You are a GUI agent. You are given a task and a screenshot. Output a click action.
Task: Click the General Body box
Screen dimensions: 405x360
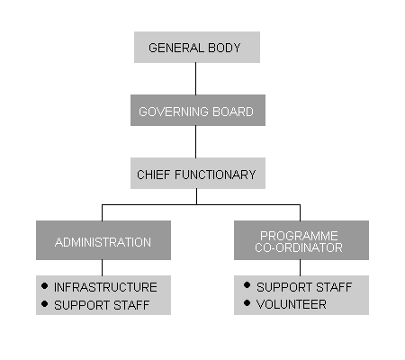click(197, 47)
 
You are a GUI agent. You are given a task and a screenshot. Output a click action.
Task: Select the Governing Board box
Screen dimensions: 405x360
click(198, 110)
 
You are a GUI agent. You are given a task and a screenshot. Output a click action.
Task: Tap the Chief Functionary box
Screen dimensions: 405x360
click(198, 173)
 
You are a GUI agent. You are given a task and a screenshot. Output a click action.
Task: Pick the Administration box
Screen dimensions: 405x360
click(103, 240)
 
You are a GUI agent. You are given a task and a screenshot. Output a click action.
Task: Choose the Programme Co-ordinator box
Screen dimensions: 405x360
click(301, 240)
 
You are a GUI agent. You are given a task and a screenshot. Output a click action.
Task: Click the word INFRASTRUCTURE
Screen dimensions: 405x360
click(105, 287)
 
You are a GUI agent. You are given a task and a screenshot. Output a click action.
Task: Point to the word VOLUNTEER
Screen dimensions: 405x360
click(292, 304)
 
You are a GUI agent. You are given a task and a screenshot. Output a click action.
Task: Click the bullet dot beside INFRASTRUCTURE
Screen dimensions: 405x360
click(44, 286)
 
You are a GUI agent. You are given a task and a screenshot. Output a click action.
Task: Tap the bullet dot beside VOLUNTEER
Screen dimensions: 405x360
click(247, 303)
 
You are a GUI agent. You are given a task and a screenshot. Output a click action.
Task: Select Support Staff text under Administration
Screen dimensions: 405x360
click(102, 305)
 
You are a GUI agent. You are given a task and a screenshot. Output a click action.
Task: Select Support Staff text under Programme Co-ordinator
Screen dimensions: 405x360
click(304, 287)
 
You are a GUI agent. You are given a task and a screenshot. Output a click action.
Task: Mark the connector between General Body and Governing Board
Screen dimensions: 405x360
click(196, 78)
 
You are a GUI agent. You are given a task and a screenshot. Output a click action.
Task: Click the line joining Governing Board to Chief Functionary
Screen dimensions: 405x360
click(196, 141)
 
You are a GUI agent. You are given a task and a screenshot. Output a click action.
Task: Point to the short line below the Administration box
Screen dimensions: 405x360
click(102, 267)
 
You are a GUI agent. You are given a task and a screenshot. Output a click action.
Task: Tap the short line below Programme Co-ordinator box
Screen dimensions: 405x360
click(300, 267)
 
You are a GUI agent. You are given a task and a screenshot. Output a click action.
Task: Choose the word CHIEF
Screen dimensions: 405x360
click(154, 175)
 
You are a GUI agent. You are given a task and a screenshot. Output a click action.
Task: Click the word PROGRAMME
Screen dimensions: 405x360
click(299, 236)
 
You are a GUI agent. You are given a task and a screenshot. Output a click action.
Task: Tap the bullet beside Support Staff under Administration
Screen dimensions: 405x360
click(44, 304)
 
